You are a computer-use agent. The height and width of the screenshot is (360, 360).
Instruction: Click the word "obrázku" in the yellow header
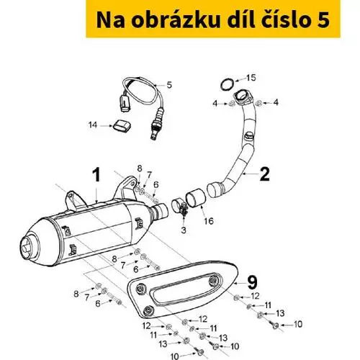tap(176, 19)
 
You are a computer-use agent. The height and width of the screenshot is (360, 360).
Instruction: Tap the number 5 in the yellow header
tap(323, 20)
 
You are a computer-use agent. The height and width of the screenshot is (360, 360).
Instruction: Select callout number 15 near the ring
tap(251, 78)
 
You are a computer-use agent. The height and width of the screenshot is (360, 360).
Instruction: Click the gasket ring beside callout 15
tap(227, 84)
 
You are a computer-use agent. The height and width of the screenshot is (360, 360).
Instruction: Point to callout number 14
tap(93, 125)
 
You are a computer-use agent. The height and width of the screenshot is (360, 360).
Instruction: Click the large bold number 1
tap(96, 175)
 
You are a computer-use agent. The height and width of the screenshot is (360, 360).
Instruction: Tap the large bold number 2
tap(265, 174)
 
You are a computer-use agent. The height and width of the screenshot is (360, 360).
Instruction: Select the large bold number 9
tap(252, 282)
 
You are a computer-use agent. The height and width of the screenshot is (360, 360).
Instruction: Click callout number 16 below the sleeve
tap(209, 221)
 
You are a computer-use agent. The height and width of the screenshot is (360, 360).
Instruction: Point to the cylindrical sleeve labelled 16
tap(194, 197)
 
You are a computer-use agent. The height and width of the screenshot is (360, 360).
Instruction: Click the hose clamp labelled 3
tap(179, 207)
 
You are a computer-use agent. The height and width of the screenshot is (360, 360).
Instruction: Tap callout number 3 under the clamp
tap(184, 230)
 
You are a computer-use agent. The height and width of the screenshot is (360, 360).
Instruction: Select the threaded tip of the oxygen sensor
tap(153, 135)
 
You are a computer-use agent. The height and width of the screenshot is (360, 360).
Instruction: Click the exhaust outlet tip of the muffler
tap(27, 246)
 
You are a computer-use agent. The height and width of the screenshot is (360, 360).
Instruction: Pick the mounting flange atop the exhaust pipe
tap(243, 98)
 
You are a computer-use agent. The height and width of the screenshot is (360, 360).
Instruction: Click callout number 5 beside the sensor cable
tap(169, 85)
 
